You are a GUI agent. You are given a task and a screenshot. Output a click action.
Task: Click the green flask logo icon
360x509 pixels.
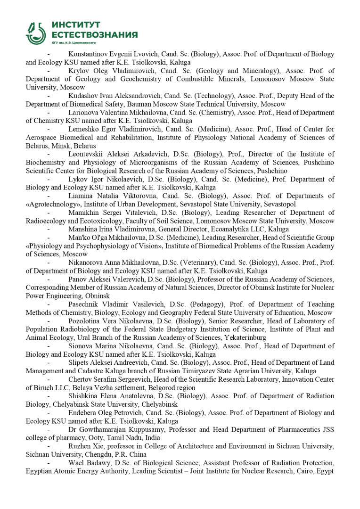click(36, 33)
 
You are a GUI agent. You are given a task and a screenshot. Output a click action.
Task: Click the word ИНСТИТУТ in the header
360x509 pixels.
click(76, 25)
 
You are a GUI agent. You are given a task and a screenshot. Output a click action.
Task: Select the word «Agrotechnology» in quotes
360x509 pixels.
click(52, 204)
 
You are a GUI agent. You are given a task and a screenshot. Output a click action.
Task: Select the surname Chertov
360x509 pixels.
click(80, 379)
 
